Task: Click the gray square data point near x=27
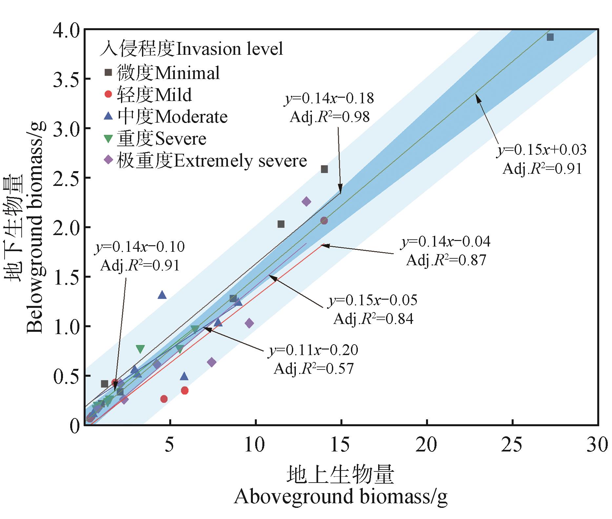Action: tap(550, 37)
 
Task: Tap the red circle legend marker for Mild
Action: tap(108, 95)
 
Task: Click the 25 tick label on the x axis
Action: tap(513, 445)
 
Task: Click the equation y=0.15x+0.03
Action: tap(542, 150)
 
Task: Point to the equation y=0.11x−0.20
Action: tap(314, 350)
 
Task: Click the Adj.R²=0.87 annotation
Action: tap(446, 260)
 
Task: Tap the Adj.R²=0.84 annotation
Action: tap(374, 319)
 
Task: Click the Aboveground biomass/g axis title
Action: tap(340, 497)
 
